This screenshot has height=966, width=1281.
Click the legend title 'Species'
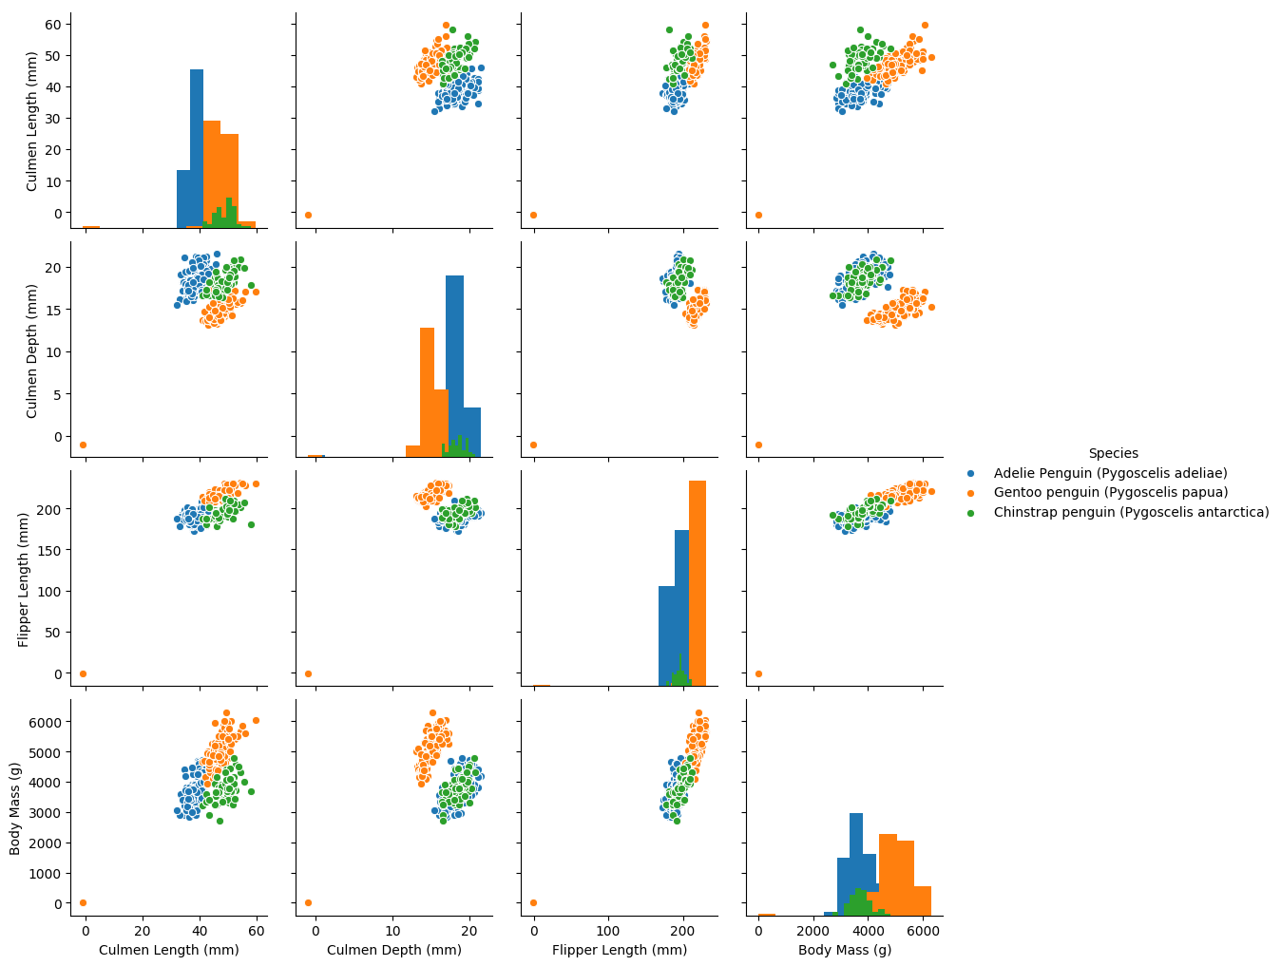tap(1113, 453)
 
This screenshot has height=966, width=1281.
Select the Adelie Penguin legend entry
tap(1110, 473)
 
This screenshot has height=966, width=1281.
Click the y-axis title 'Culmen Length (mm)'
tap(31, 122)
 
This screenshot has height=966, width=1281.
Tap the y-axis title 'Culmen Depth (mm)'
tap(31, 350)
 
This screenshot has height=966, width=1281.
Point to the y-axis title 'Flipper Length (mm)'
tap(23, 579)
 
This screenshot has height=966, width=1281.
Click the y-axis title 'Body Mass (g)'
tap(14, 808)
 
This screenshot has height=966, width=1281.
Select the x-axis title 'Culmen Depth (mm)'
tap(394, 950)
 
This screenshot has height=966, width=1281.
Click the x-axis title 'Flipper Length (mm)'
tap(620, 950)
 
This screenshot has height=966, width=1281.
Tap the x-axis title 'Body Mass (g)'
tap(845, 950)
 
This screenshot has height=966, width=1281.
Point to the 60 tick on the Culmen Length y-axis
tap(53, 25)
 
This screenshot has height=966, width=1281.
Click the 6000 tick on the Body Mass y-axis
tap(45, 722)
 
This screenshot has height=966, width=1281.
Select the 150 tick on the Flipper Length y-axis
tap(49, 550)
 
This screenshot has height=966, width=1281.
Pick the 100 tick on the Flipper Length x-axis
tap(608, 931)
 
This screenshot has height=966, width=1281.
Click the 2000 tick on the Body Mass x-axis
tap(813, 931)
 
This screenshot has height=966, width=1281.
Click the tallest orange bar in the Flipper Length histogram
tap(698, 583)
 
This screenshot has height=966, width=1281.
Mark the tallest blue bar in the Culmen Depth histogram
tap(454, 366)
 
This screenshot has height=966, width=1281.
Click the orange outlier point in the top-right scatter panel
tap(758, 216)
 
